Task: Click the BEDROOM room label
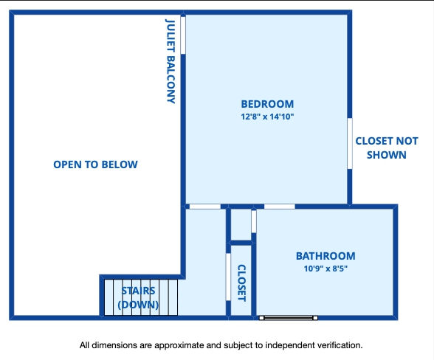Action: click(x=267, y=104)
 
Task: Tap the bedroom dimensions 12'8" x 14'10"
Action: click(x=267, y=117)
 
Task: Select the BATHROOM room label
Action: click(x=325, y=256)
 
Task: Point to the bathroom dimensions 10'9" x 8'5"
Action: click(x=325, y=269)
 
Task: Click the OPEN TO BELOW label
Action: click(x=95, y=165)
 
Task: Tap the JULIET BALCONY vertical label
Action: click(x=170, y=61)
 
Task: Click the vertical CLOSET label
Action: click(x=241, y=283)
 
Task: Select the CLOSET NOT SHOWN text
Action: click(x=387, y=148)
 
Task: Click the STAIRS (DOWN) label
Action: click(x=138, y=298)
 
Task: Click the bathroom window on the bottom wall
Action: click(x=288, y=318)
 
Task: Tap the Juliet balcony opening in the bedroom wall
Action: click(x=183, y=35)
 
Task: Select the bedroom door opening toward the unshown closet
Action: click(x=350, y=143)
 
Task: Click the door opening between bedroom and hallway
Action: click(x=205, y=207)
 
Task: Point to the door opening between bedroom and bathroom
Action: click(x=280, y=207)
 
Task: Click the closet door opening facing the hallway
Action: click(x=228, y=277)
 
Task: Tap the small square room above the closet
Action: click(x=241, y=225)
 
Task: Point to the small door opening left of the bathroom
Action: click(x=254, y=221)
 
